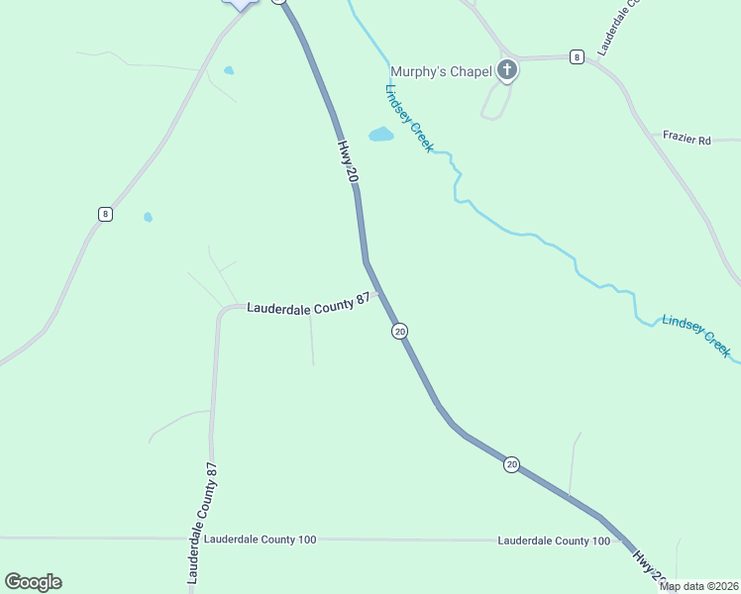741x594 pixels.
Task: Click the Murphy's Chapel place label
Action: pos(441,70)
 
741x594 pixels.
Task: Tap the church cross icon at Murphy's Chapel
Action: pos(507,69)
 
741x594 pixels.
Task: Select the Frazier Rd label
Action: pos(688,141)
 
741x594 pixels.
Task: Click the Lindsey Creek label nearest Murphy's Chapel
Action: pos(408,118)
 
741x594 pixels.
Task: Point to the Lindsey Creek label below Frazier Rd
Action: pos(696,336)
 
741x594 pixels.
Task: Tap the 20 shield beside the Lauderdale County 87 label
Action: pos(399,331)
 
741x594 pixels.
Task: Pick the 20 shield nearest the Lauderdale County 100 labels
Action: pos(511,463)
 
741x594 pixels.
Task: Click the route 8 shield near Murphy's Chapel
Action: pos(577,57)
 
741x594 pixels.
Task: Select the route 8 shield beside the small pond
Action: pos(105,214)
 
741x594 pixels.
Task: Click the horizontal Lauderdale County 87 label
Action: pos(308,308)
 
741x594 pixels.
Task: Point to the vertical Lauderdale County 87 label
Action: pos(201,521)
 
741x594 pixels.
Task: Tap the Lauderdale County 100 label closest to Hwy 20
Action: pos(554,541)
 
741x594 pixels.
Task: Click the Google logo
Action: pos(33,582)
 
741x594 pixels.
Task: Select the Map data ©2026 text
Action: pos(698,586)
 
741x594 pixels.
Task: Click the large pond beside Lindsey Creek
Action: pos(381,135)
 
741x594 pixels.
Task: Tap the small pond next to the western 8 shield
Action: pos(149,217)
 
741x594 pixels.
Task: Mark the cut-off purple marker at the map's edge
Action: pos(241,3)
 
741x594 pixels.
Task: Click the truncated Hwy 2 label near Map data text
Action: pos(648,567)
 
